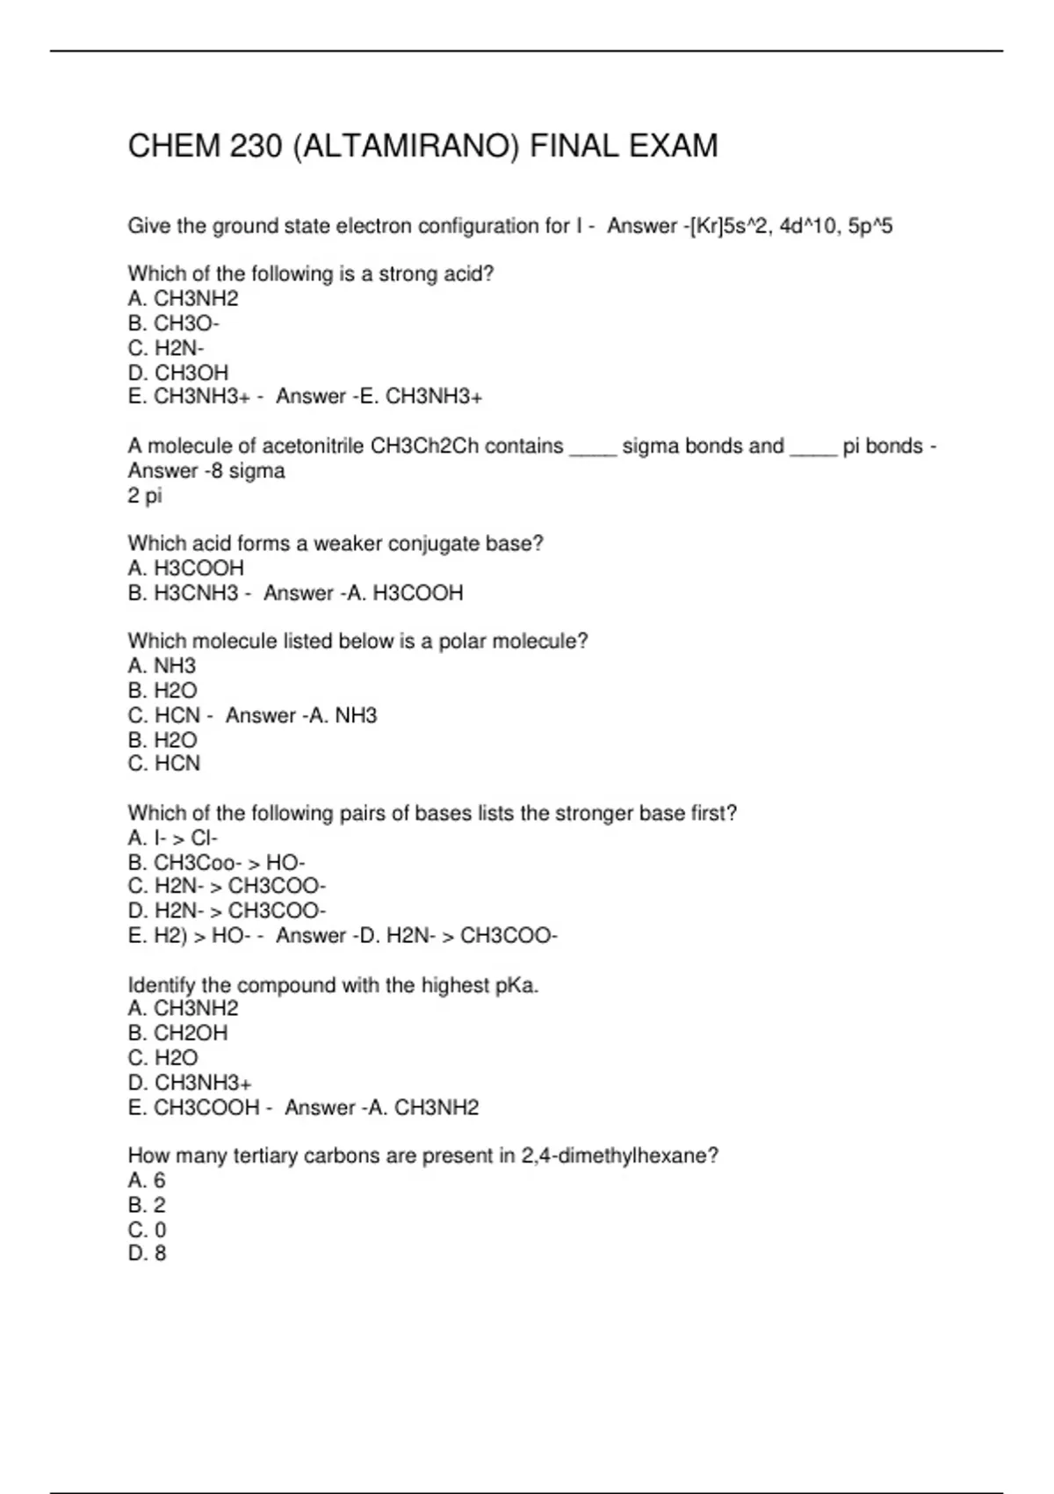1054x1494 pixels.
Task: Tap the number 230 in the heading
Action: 256,146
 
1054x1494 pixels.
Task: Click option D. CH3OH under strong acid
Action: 178,373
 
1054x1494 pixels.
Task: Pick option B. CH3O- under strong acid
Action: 174,323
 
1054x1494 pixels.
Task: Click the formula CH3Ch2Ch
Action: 424,446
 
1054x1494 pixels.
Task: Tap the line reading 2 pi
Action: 145,496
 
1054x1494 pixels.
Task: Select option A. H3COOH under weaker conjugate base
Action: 186,569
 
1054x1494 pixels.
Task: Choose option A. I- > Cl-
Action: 173,838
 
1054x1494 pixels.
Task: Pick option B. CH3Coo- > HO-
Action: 217,862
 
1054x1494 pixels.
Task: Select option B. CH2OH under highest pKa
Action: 178,1033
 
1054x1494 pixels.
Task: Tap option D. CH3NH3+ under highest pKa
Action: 190,1083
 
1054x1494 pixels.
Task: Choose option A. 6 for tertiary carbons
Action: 147,1180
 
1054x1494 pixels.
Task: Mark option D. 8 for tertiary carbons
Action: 147,1253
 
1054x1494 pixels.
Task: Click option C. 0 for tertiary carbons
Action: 147,1229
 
